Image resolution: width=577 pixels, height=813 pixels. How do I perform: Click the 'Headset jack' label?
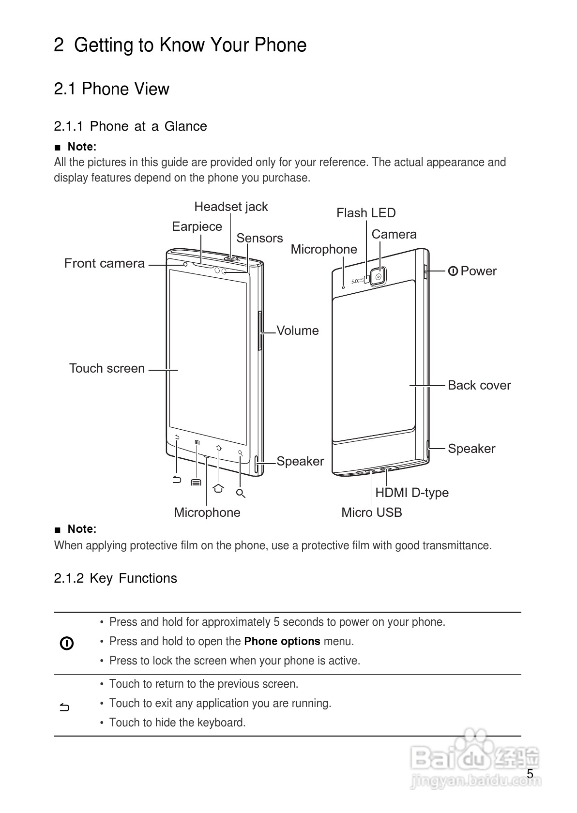point(231,207)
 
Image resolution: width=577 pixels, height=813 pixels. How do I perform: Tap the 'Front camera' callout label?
point(105,263)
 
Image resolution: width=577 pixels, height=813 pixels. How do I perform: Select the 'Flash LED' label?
point(366,213)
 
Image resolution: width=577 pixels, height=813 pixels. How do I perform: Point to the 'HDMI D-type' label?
point(412,493)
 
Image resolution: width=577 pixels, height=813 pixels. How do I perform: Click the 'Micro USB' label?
point(371,512)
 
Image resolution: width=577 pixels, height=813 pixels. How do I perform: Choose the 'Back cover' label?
point(479,385)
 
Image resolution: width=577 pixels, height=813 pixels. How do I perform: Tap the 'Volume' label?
point(298,331)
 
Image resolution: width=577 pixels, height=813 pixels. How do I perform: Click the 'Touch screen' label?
point(107,368)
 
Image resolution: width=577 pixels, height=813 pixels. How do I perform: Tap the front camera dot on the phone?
point(185,264)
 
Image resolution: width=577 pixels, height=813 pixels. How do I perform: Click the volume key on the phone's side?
point(261,331)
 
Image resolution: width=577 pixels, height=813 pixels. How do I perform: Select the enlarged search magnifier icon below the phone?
point(241,494)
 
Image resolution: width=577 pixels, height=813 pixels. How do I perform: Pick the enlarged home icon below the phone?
point(218,488)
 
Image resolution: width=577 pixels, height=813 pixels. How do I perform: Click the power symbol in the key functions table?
point(67,643)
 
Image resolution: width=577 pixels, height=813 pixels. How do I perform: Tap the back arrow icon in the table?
point(65,708)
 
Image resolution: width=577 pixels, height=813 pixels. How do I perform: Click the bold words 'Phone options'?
point(282,642)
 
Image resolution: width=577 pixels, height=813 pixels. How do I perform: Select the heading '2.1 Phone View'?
point(112,89)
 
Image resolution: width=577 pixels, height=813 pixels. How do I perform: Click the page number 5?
point(530,774)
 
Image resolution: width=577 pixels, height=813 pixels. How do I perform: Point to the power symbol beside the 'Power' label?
point(453,271)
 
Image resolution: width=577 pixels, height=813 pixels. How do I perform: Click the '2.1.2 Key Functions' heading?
point(116,578)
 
